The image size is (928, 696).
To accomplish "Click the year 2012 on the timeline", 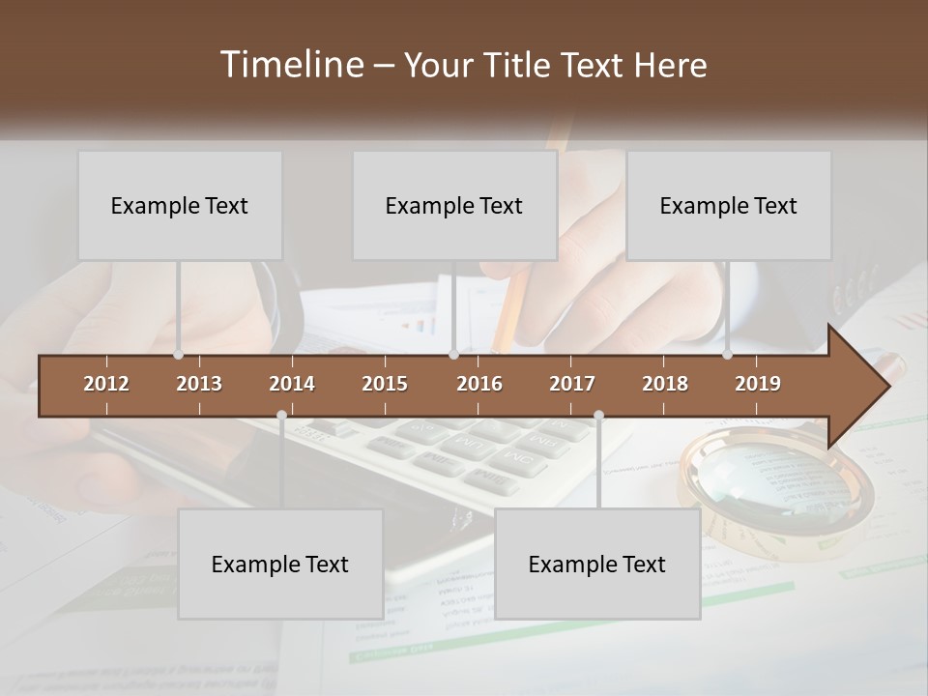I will click(106, 384).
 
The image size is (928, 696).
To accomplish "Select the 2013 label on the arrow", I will click(199, 384).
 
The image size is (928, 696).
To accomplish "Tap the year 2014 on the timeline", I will click(292, 384).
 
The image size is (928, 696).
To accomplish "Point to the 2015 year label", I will click(385, 384).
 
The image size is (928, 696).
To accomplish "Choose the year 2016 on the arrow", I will click(479, 384).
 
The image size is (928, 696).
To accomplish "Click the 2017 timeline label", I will click(572, 384).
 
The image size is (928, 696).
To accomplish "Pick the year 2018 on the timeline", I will click(665, 384).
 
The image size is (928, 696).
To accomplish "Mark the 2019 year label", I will click(758, 384).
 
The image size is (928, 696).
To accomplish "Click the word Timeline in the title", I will click(291, 65).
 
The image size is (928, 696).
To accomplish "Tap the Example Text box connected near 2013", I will click(180, 205).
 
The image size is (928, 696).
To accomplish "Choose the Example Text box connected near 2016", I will click(454, 205).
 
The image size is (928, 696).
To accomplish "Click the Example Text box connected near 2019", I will click(729, 205).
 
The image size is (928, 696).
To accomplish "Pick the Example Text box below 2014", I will click(280, 564).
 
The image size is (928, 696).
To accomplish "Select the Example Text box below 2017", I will click(597, 564).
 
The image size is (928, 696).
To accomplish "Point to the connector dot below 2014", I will click(281, 416).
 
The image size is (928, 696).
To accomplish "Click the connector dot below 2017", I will click(598, 416).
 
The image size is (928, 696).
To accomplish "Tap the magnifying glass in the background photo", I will click(773, 483).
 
